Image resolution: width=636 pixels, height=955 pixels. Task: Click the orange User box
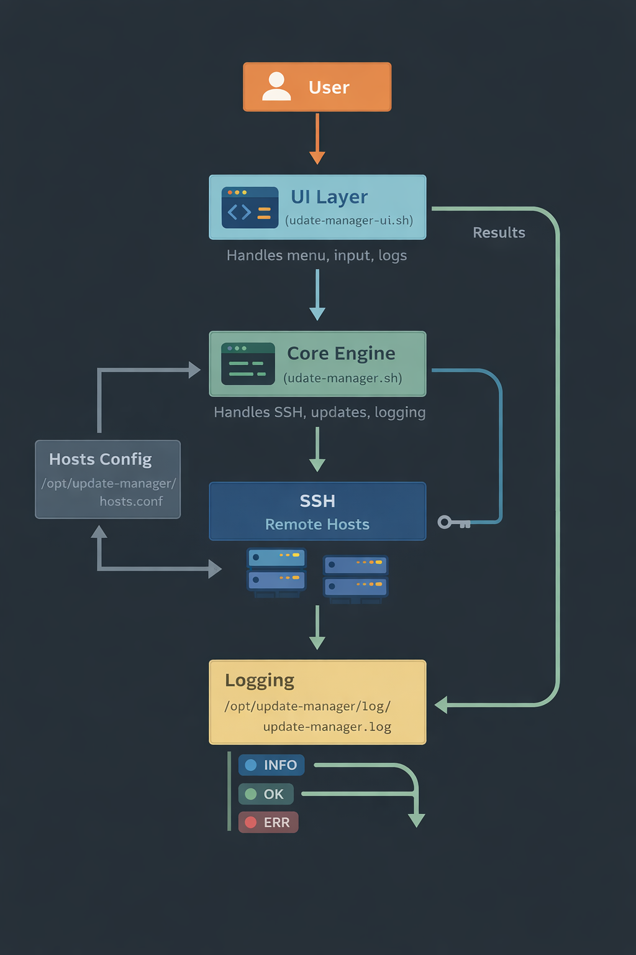coord(317,87)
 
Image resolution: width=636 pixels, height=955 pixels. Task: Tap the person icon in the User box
coord(276,86)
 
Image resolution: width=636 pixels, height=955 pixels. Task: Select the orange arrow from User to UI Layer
coord(317,139)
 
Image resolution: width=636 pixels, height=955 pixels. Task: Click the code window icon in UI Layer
coord(250,208)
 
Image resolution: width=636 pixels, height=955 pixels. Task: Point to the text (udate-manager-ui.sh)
coord(349,221)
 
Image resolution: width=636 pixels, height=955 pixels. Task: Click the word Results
coord(499,233)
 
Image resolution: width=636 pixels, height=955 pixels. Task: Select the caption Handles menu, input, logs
coord(317,256)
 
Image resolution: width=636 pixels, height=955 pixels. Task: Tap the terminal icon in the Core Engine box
coord(248,364)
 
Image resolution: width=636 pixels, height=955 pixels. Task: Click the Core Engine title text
coord(341,353)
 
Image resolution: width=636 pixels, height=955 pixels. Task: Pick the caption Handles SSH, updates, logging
coord(319,412)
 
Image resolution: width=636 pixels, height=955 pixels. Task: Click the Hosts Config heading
coord(100,459)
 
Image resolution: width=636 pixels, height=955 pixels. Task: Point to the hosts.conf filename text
coord(131,501)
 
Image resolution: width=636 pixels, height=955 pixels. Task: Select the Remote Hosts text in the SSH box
coord(317,525)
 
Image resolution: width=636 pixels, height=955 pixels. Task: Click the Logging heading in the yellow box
coord(260,681)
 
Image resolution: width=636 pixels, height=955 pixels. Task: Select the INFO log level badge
coord(271,765)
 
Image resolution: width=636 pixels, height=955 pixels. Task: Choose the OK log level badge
coord(265,794)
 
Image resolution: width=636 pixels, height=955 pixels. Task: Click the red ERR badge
coord(268,823)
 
